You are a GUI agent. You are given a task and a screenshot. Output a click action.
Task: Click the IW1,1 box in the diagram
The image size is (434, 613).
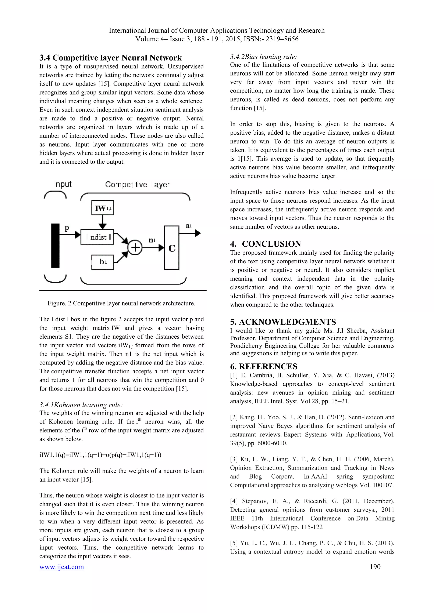(103, 208)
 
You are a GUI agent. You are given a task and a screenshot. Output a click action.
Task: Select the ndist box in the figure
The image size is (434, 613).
(97, 237)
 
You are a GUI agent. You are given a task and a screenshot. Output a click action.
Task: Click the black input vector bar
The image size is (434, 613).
(55, 245)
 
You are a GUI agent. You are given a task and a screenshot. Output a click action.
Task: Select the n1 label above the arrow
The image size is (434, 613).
(152, 240)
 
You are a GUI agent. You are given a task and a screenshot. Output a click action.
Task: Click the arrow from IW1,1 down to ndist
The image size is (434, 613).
(102, 222)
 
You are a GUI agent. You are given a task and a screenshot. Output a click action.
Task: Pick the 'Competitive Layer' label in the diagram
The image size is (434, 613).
(137, 185)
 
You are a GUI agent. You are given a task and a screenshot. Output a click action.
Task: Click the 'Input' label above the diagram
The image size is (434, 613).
(63, 184)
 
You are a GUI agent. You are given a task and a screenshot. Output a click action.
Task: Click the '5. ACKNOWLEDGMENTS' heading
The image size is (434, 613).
(283, 322)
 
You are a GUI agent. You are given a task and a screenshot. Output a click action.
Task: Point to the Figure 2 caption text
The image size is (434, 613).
(121, 303)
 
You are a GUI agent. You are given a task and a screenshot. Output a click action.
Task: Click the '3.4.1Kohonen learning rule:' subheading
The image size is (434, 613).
(81, 405)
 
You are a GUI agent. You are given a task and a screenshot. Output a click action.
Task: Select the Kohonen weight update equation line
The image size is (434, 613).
(100, 455)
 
